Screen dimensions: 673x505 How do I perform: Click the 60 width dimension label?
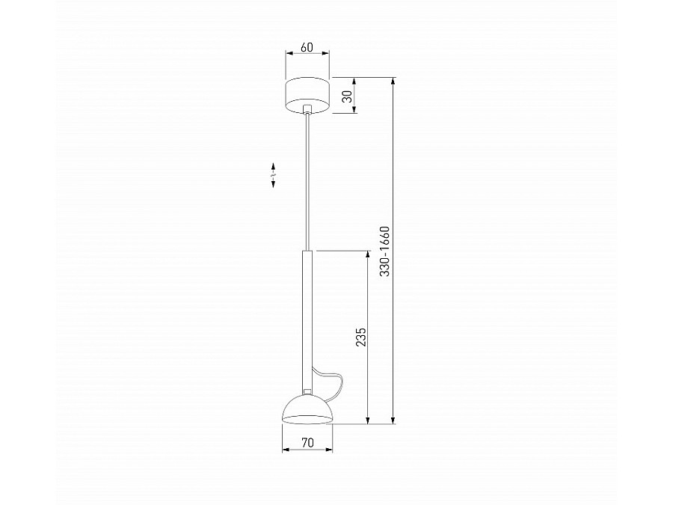click(307, 47)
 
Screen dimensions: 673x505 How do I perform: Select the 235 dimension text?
click(361, 337)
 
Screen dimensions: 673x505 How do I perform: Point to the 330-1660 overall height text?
click(384, 251)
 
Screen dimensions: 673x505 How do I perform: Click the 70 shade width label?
click(307, 442)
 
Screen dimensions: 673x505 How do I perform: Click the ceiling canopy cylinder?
click(307, 96)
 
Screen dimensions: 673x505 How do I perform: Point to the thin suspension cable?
click(307, 183)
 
